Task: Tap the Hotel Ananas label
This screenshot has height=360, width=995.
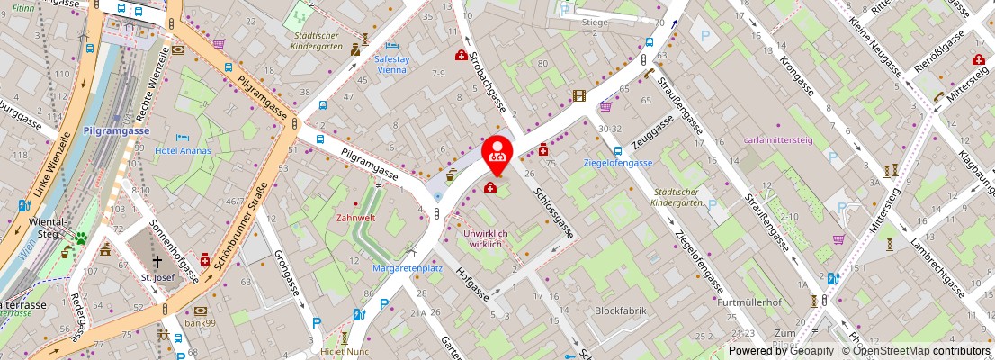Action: click(x=182, y=150)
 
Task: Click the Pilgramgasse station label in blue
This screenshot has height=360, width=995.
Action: click(x=115, y=130)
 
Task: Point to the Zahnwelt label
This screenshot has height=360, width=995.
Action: click(x=355, y=217)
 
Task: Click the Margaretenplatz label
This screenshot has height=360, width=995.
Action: click(x=408, y=267)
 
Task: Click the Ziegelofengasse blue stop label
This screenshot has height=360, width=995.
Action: click(x=617, y=163)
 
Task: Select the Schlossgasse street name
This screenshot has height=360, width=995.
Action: click(x=553, y=212)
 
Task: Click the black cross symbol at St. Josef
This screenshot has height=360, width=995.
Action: click(x=157, y=262)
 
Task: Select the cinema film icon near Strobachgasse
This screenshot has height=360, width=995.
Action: click(x=578, y=95)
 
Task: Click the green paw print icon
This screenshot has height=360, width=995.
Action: click(x=80, y=238)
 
